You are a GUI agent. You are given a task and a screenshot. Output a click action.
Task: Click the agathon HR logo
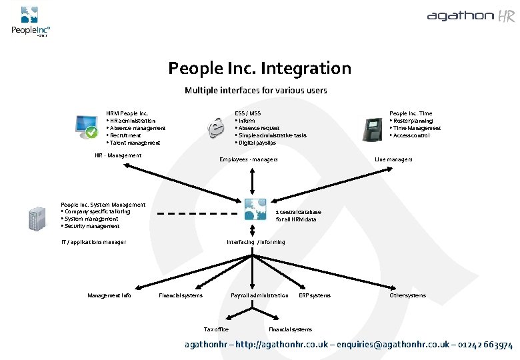point(471,16)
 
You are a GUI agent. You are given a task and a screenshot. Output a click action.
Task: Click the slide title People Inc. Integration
point(259,68)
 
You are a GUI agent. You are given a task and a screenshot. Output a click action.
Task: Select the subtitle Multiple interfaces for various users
point(255,90)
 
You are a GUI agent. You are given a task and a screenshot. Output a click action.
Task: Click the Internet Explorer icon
point(216,126)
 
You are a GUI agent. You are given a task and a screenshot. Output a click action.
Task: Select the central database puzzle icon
point(255,210)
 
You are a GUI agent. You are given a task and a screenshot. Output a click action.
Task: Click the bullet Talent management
point(134,143)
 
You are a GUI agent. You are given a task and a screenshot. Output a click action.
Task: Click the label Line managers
point(393,159)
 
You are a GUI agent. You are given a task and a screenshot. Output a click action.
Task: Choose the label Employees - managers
point(249,159)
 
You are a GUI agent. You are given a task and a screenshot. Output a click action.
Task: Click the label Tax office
point(216,329)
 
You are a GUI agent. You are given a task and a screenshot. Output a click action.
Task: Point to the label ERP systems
point(315,295)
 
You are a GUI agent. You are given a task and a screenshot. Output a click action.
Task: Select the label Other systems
point(407,295)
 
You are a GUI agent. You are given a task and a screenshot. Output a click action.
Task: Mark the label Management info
point(109,295)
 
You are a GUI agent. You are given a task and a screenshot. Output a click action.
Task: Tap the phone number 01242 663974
point(485,345)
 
